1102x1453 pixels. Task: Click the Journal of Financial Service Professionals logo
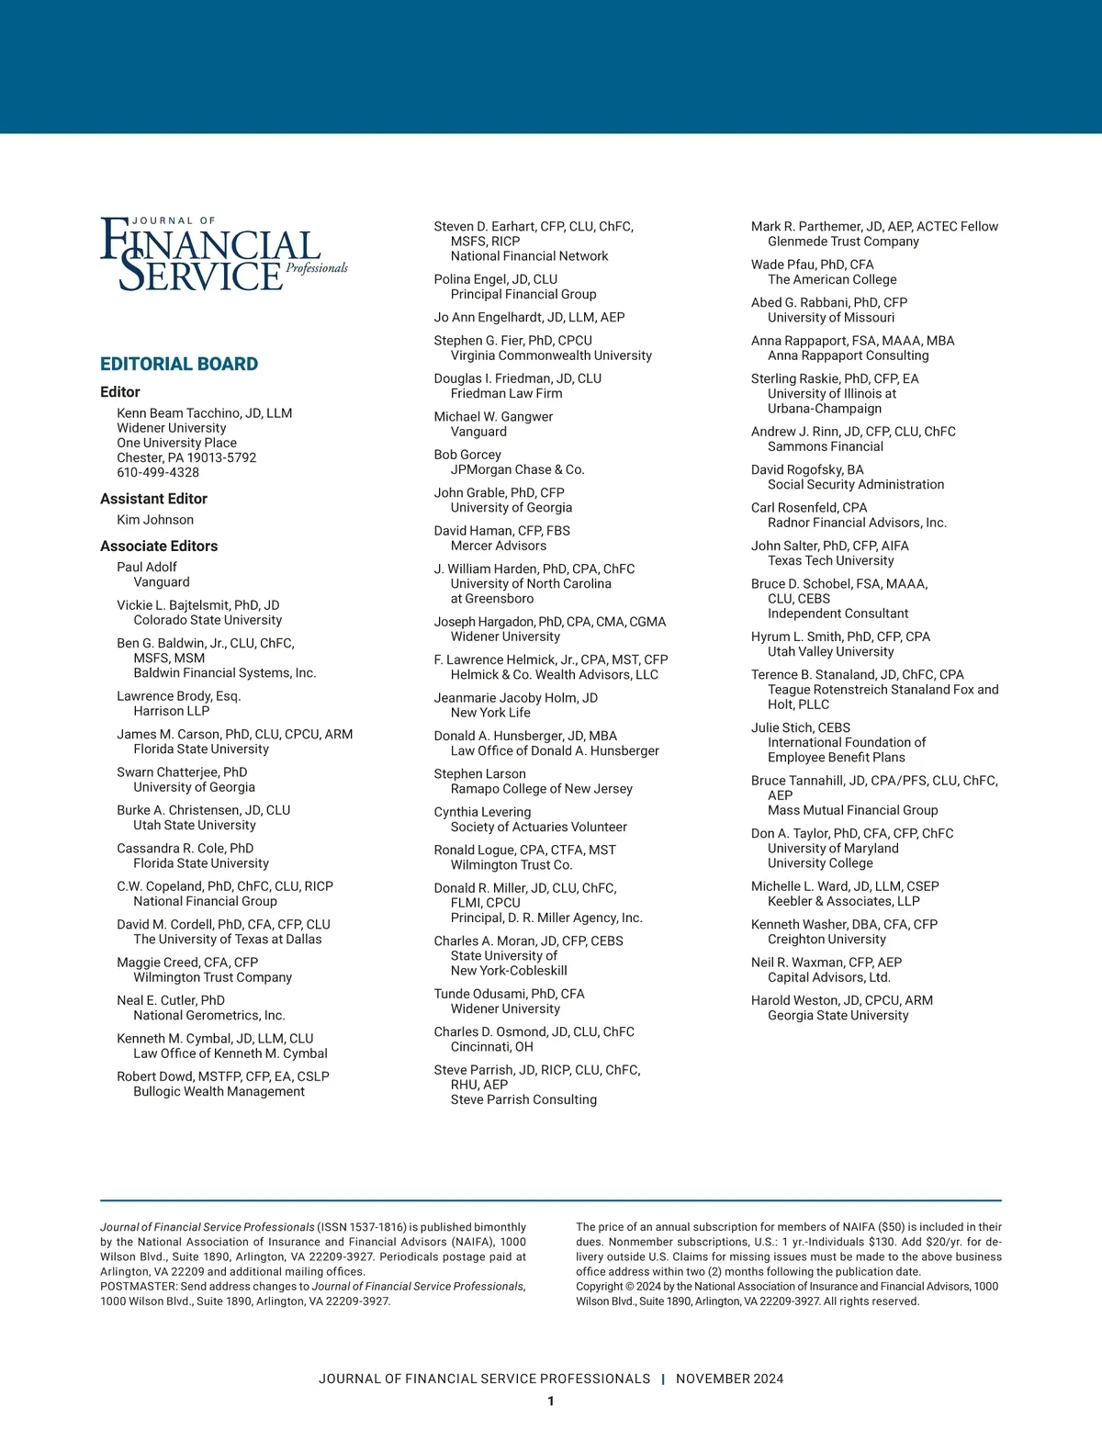pyautogui.click(x=223, y=254)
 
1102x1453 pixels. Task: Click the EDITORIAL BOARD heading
pyautogui.click(x=179, y=364)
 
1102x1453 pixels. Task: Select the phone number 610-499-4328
pyautogui.click(x=158, y=472)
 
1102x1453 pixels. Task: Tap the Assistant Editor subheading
pyautogui.click(x=153, y=499)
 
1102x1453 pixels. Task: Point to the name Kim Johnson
pyautogui.click(x=155, y=520)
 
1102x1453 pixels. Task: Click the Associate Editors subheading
pyautogui.click(x=159, y=546)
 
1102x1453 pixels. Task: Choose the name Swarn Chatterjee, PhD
pyautogui.click(x=182, y=772)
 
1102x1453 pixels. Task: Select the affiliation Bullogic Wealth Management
pyautogui.click(x=219, y=1091)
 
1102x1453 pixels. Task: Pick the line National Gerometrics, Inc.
pyautogui.click(x=209, y=1015)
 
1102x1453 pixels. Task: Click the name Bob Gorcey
pyautogui.click(x=467, y=455)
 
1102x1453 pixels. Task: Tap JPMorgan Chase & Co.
pyautogui.click(x=517, y=469)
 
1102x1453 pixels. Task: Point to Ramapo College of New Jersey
pyautogui.click(x=541, y=789)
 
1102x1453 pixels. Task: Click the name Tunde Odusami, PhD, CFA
pyautogui.click(x=509, y=994)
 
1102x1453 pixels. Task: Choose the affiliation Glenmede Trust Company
pyautogui.click(x=843, y=242)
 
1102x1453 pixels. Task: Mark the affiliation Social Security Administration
pyautogui.click(x=856, y=484)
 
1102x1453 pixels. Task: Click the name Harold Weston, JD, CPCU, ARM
pyautogui.click(x=841, y=1000)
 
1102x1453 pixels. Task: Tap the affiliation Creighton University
pyautogui.click(x=826, y=940)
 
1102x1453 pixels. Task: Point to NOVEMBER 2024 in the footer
pyautogui.click(x=729, y=1379)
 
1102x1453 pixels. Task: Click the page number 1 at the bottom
pyautogui.click(x=551, y=1402)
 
